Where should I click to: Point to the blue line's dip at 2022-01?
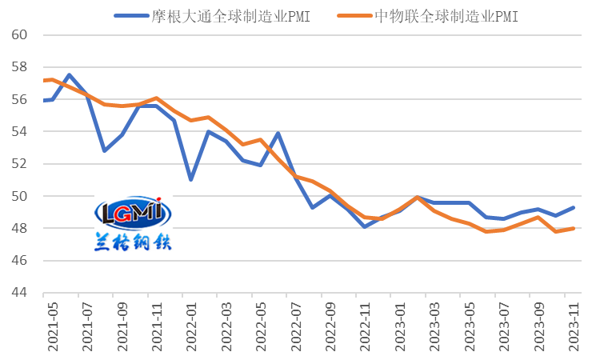tap(190, 179)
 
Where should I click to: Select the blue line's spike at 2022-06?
tap(278, 133)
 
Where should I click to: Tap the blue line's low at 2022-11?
tap(365, 226)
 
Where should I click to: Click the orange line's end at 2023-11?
tap(574, 228)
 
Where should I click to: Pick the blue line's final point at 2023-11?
tap(574, 207)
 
